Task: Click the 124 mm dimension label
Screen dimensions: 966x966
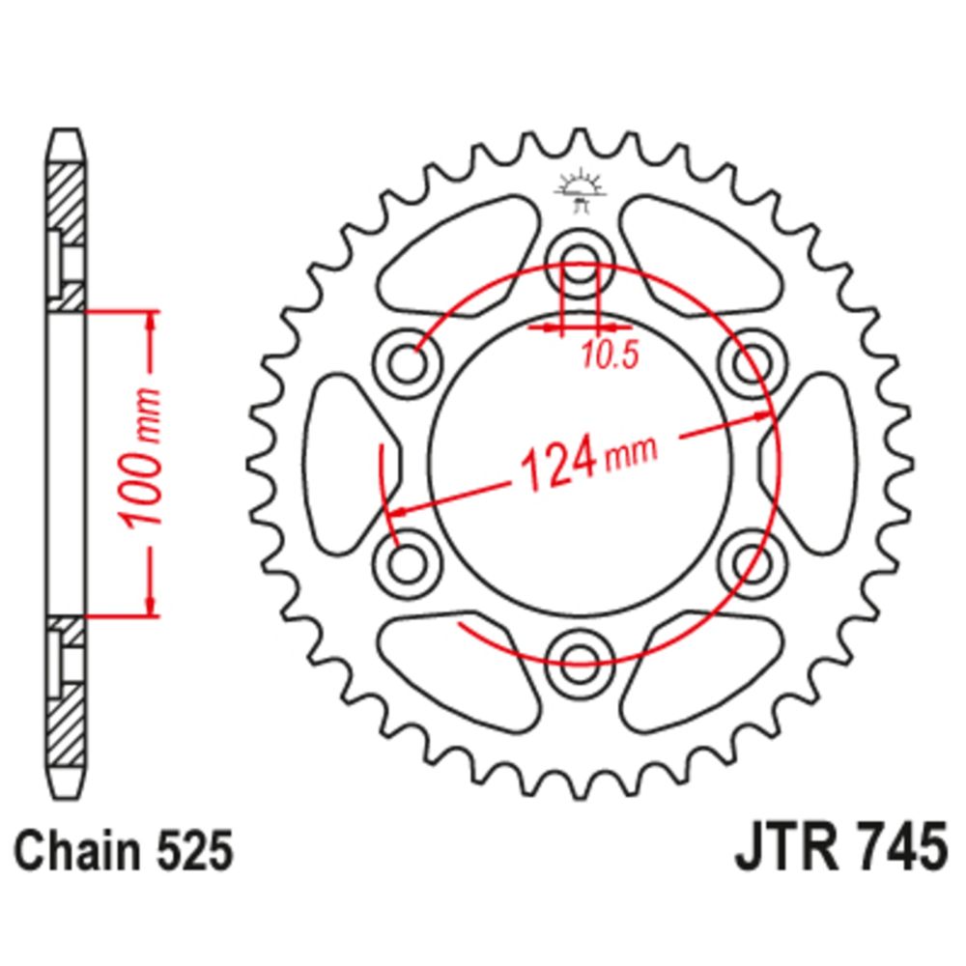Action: [589, 462]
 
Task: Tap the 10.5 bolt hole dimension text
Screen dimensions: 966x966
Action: [610, 355]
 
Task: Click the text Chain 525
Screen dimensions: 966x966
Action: [124, 851]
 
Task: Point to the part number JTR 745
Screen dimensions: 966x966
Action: [841, 848]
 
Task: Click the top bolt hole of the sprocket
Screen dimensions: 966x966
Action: [580, 259]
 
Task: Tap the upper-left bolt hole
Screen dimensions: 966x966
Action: [408, 363]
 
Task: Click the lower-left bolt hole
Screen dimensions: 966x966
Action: [408, 562]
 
